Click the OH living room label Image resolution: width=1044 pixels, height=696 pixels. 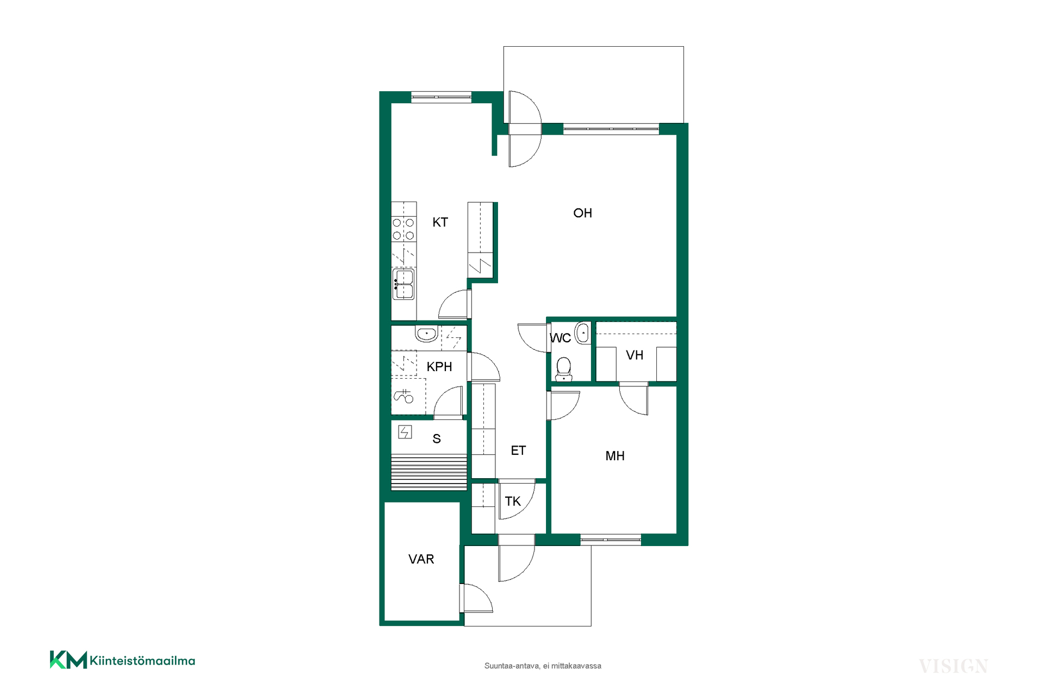click(x=582, y=213)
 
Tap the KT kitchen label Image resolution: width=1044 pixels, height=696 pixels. click(x=440, y=222)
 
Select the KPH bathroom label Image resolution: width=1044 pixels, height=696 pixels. click(x=439, y=367)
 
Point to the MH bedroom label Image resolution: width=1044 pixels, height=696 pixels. click(x=615, y=456)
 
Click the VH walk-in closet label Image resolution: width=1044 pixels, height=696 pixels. click(x=635, y=355)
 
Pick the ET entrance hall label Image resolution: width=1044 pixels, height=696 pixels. click(x=518, y=450)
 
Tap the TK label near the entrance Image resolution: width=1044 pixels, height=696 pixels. click(x=513, y=501)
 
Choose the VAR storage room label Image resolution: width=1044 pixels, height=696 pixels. click(x=421, y=559)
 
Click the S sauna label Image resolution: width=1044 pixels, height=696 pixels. click(x=437, y=439)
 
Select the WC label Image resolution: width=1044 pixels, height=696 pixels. click(x=560, y=338)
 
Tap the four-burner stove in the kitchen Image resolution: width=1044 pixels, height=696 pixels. click(x=403, y=229)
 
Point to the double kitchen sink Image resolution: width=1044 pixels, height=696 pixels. click(x=403, y=284)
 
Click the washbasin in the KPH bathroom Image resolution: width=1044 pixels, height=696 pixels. click(x=427, y=334)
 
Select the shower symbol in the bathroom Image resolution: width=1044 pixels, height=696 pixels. click(x=403, y=396)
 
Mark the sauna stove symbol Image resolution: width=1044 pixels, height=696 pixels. click(x=405, y=432)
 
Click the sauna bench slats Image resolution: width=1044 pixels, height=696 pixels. click(x=429, y=472)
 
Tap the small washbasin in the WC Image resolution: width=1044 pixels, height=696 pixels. click(x=583, y=333)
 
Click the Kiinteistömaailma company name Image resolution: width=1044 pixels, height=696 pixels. click(x=142, y=661)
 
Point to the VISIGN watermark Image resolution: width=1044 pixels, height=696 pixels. click(x=953, y=666)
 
